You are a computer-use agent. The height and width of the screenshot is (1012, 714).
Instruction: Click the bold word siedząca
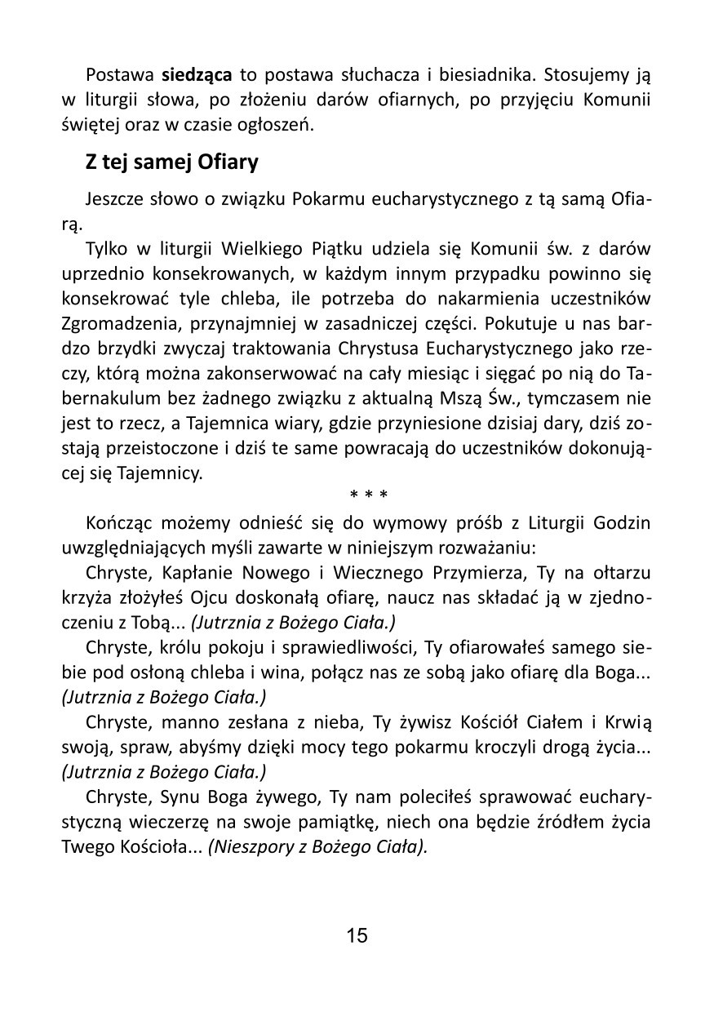197,76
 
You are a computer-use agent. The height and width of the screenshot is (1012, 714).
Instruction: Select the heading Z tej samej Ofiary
172,162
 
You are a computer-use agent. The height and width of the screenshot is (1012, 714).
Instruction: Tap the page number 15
357,935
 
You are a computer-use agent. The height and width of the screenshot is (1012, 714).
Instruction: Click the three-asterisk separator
367,495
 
